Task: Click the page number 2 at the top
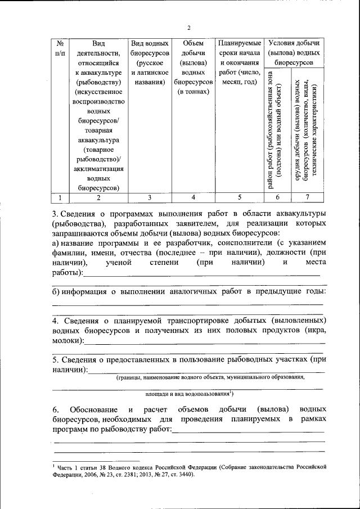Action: (x=189, y=28)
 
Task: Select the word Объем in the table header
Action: (x=193, y=43)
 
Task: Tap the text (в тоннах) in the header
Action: (x=193, y=92)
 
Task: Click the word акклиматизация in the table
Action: (x=98, y=168)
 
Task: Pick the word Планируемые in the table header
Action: (x=239, y=43)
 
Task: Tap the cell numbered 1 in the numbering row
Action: (x=60, y=197)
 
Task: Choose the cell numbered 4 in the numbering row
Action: (x=193, y=197)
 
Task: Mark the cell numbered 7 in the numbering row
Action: (x=307, y=197)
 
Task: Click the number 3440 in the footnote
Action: (x=182, y=474)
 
